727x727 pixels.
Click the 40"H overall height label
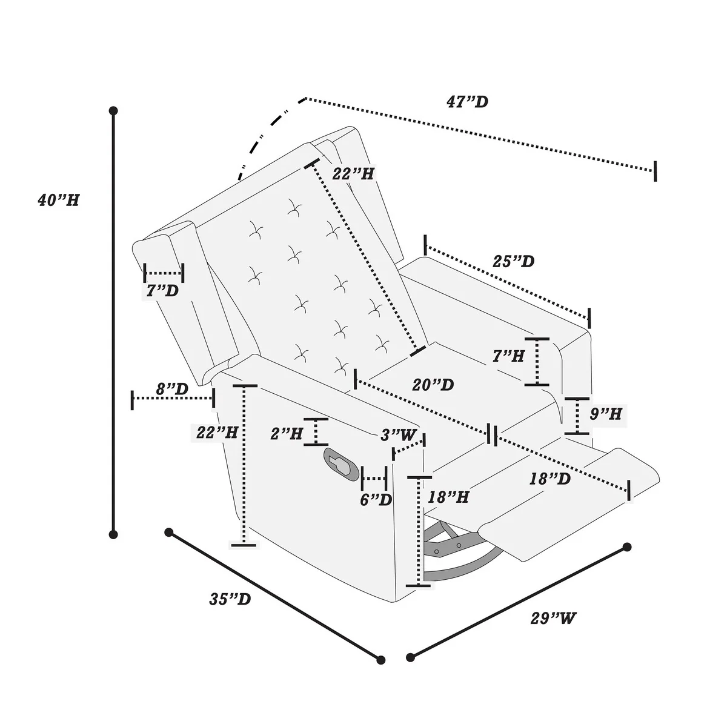pos(58,200)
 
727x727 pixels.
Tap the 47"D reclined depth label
pos(467,102)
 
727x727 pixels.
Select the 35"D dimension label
pos(230,599)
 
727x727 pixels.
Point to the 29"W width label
pos(553,619)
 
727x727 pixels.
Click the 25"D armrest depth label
pos(513,262)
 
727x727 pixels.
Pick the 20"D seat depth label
pos(433,385)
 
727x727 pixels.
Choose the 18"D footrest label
pos(550,479)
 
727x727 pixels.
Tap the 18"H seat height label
pos(448,497)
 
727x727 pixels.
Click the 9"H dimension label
pos(606,414)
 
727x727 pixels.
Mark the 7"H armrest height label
pos(508,356)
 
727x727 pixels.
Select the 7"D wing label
pos(162,291)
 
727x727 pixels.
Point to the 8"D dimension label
pos(172,389)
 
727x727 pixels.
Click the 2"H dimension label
pos(287,433)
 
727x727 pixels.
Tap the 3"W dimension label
pos(399,435)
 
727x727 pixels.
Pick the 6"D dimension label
pos(376,500)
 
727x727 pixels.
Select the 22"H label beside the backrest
pos(353,174)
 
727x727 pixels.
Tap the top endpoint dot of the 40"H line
pos(113,111)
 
